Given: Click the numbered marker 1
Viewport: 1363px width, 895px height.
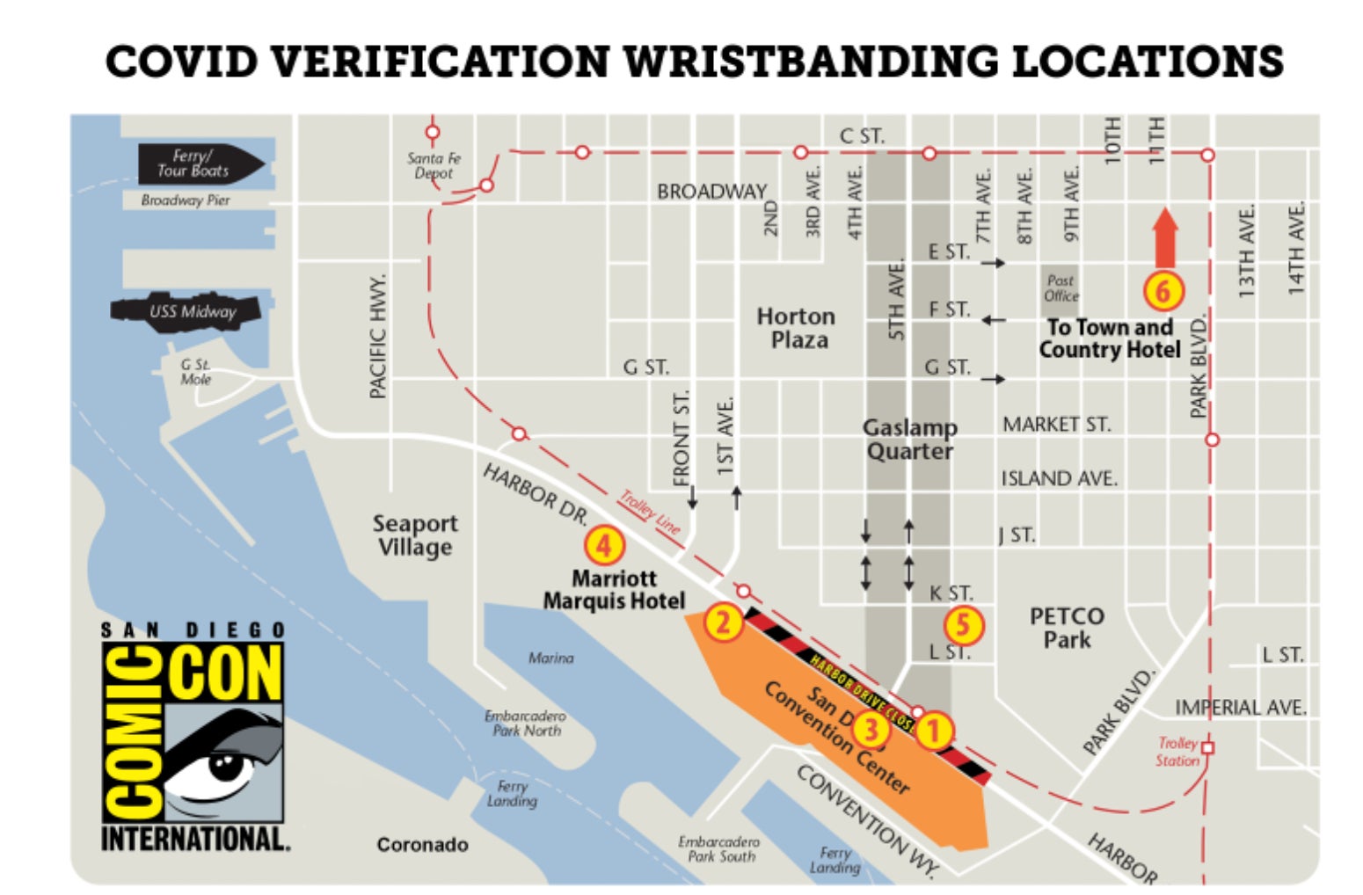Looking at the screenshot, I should click(x=934, y=730).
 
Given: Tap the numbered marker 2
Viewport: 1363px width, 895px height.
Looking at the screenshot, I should click(x=723, y=622).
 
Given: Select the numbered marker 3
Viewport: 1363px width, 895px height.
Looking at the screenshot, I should click(x=871, y=728).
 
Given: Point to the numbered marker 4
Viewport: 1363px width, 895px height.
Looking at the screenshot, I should click(x=604, y=546).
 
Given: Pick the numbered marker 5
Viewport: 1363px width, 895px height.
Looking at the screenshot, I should click(x=964, y=625).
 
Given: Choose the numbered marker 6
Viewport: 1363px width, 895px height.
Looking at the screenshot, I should click(x=1163, y=290).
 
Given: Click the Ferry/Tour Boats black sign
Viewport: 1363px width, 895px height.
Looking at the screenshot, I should click(x=199, y=164).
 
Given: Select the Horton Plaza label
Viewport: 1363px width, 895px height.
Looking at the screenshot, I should click(x=797, y=328).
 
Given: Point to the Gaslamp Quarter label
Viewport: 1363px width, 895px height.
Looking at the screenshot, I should click(x=909, y=440).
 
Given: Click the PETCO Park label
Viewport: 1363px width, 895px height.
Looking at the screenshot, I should click(x=1067, y=628).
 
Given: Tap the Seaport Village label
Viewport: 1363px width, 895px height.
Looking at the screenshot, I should click(x=415, y=535).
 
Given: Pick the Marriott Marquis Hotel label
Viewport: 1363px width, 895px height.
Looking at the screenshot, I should click(x=614, y=590).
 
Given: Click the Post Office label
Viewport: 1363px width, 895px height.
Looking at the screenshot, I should click(x=1061, y=288).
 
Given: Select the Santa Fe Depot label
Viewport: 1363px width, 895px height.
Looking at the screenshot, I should click(x=434, y=165).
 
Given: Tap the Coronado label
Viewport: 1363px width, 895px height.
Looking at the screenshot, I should click(x=422, y=845).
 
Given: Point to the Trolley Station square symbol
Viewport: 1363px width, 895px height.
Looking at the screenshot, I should click(x=1207, y=747).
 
